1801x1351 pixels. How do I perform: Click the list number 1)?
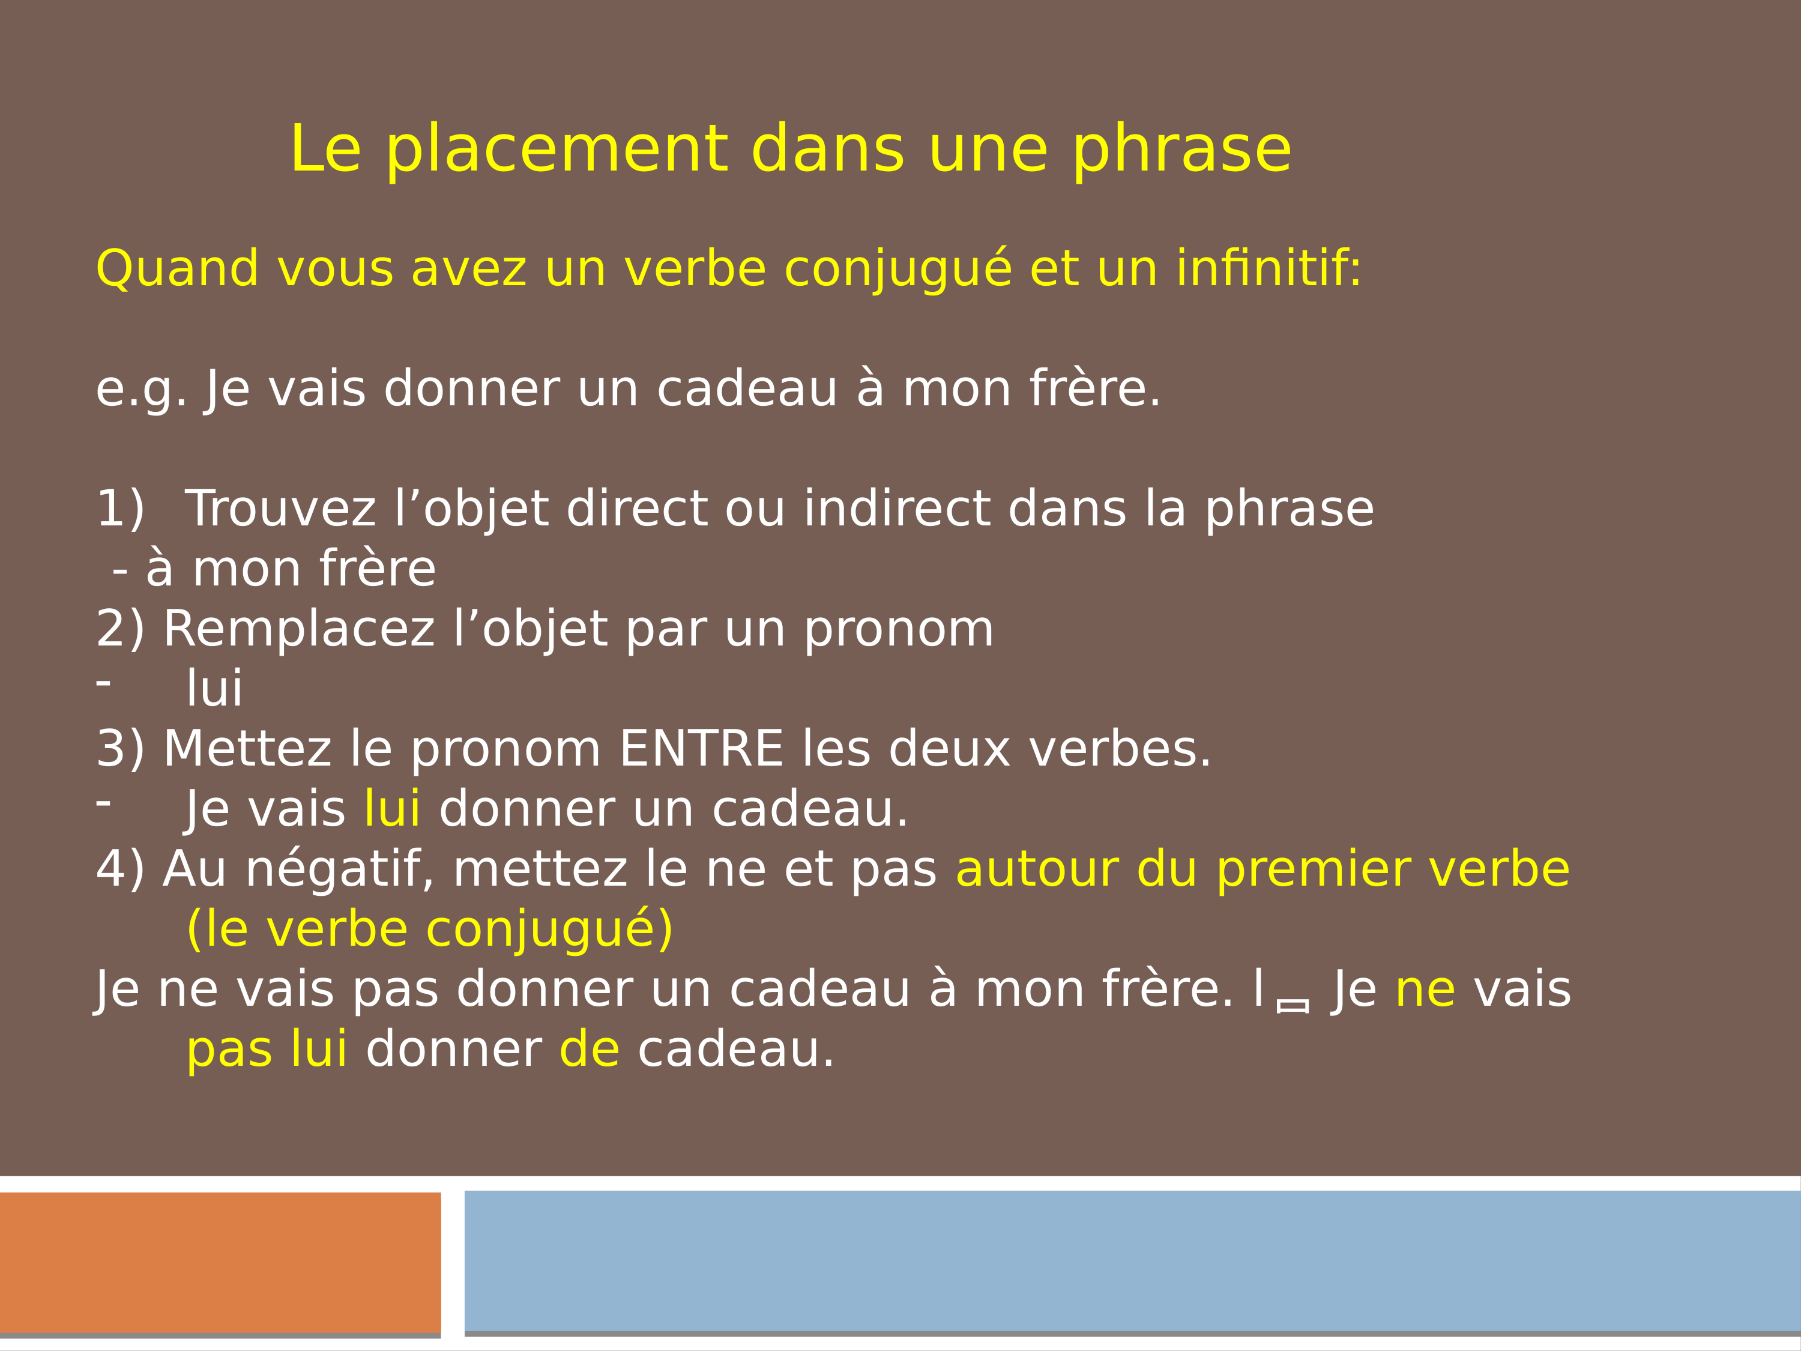click(x=119, y=509)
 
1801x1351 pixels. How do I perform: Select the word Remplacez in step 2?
click(x=300, y=629)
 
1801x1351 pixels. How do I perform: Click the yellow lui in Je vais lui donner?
click(x=393, y=809)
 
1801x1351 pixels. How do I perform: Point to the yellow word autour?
click(x=1036, y=869)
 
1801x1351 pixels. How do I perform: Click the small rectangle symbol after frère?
click(x=1293, y=1006)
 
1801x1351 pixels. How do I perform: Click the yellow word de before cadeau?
click(x=590, y=1049)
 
